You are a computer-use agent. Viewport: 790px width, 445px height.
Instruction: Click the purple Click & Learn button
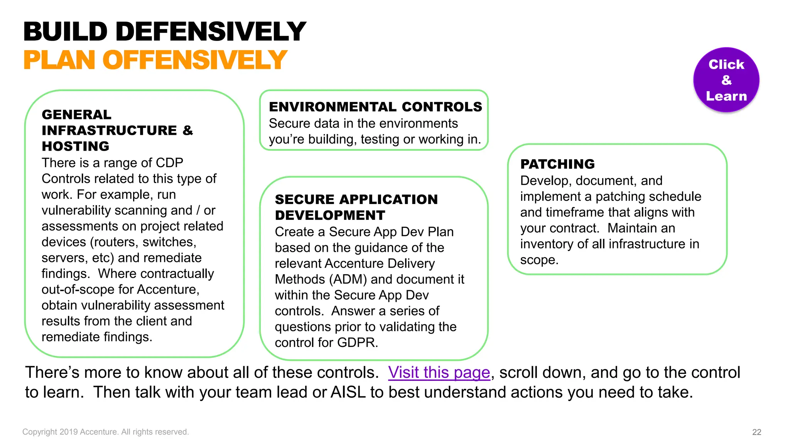tap(726, 80)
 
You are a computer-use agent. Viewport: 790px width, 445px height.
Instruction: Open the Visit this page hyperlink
tap(439, 373)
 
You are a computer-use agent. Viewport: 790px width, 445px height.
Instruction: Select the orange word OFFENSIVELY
tap(195, 60)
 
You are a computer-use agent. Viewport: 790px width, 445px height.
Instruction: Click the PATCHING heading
tap(557, 164)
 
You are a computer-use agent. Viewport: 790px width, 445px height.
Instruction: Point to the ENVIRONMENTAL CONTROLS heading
tap(375, 107)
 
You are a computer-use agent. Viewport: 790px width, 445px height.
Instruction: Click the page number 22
tap(756, 432)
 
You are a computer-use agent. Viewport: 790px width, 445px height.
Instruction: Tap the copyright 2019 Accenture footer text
tap(105, 432)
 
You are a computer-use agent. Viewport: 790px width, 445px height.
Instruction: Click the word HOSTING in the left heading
tap(76, 146)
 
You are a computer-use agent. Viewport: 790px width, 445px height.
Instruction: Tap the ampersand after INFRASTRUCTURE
tap(187, 131)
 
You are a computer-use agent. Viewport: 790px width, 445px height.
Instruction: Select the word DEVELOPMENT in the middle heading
tap(330, 215)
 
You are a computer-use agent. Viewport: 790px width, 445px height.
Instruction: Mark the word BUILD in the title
tap(65, 32)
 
